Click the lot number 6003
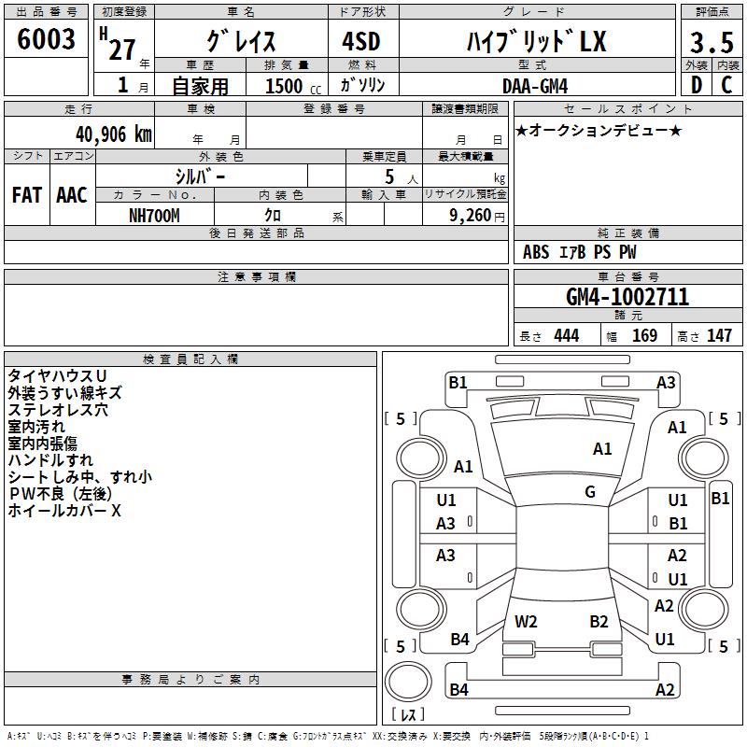click(x=46, y=39)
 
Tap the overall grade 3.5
click(x=712, y=42)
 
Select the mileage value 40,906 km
click(x=113, y=134)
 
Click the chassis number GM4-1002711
click(x=627, y=297)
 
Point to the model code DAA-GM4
click(x=535, y=86)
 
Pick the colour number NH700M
click(x=154, y=216)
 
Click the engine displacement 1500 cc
click(x=293, y=86)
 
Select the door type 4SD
click(x=361, y=41)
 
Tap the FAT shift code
click(x=27, y=195)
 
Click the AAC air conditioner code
click(x=72, y=195)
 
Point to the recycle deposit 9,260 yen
click(x=477, y=216)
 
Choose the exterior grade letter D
click(x=697, y=85)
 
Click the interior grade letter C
click(x=726, y=85)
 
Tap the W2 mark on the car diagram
click(x=526, y=622)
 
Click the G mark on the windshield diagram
click(x=590, y=492)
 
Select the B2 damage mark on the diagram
click(x=599, y=622)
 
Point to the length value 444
click(x=567, y=335)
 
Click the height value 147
click(x=719, y=335)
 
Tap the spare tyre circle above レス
click(x=408, y=682)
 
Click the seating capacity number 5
click(x=389, y=177)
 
